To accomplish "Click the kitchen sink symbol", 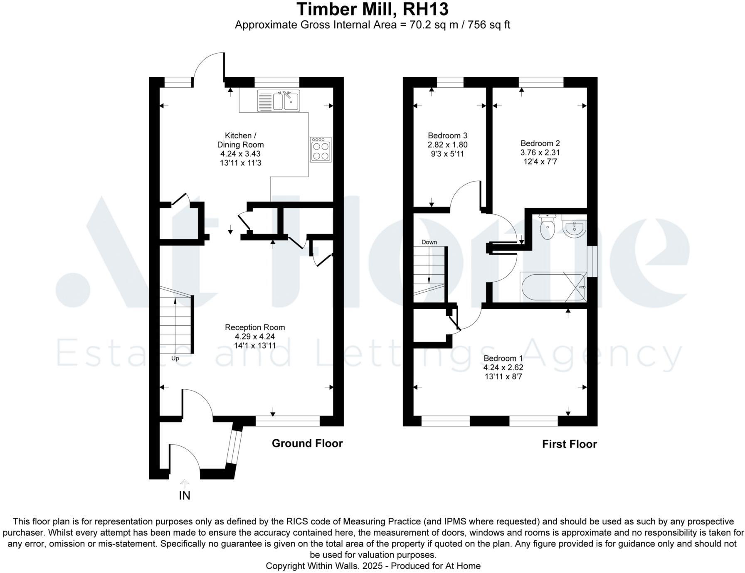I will [x=278, y=101].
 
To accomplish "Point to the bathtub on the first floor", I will [x=553, y=287].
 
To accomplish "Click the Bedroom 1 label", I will [x=503, y=358].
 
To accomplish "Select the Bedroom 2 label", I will [x=540, y=143].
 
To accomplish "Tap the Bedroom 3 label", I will [x=447, y=135].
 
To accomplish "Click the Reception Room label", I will [x=255, y=327].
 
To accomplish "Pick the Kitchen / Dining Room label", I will [x=240, y=140].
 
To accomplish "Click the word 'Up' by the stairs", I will [x=175, y=358].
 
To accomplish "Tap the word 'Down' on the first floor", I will [x=429, y=242].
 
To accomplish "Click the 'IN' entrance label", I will [x=184, y=496].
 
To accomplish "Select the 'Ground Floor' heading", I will [x=307, y=443].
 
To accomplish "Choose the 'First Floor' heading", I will [x=569, y=444].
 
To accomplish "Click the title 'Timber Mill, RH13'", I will [x=372, y=9].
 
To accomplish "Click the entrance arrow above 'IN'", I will [x=184, y=483].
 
